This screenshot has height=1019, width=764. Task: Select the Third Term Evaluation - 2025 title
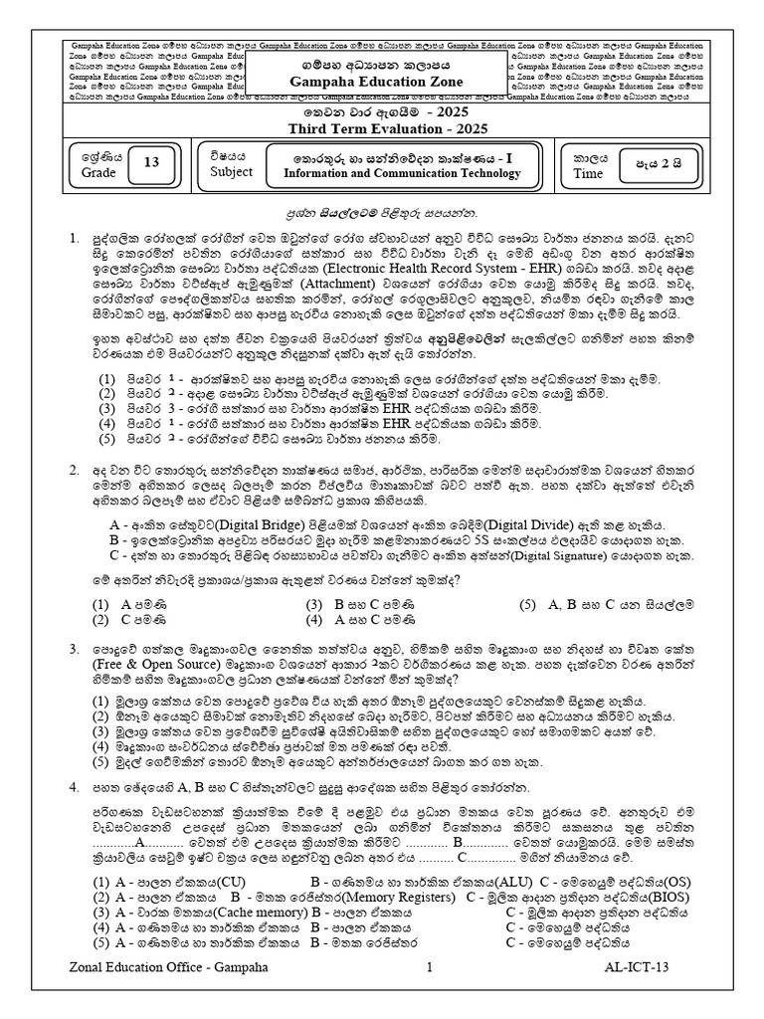[382, 127]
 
